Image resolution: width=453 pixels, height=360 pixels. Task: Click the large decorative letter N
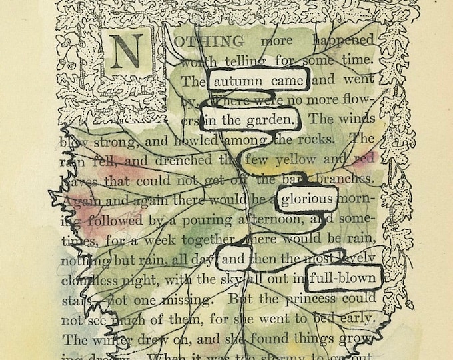(x=128, y=51)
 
